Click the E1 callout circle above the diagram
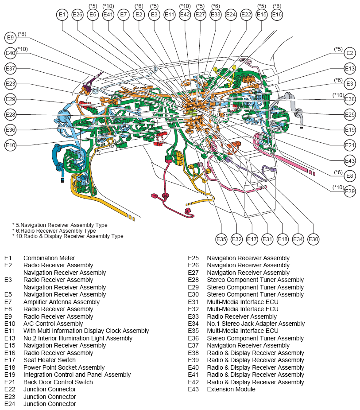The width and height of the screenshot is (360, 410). (62, 15)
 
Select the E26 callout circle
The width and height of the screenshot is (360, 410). (77, 15)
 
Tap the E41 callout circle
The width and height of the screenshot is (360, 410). (108, 15)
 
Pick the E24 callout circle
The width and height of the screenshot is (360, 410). (231, 15)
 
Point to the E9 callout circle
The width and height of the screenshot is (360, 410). (11, 38)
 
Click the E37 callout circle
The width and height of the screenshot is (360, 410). (11, 69)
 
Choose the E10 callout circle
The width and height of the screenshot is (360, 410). (11, 145)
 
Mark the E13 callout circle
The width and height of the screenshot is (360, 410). (350, 69)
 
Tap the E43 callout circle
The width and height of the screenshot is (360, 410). (350, 160)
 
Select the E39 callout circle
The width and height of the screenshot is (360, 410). (350, 191)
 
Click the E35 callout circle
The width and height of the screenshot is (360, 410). (221, 239)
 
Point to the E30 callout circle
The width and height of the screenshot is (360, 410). (313, 239)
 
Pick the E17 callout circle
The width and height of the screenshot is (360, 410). (252, 239)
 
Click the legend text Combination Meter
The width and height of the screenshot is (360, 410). (49, 258)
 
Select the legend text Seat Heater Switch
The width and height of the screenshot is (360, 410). (50, 360)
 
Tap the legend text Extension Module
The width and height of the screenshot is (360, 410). (231, 389)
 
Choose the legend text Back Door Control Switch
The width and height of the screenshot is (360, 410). (58, 382)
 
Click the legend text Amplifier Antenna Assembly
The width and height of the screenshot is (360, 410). (62, 302)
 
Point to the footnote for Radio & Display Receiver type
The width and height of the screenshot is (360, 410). (68, 236)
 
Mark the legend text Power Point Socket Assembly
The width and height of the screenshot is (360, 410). (64, 367)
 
